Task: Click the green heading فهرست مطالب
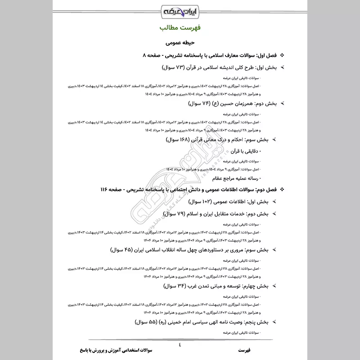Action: click(x=180, y=28)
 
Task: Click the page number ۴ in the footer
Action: click(x=180, y=345)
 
